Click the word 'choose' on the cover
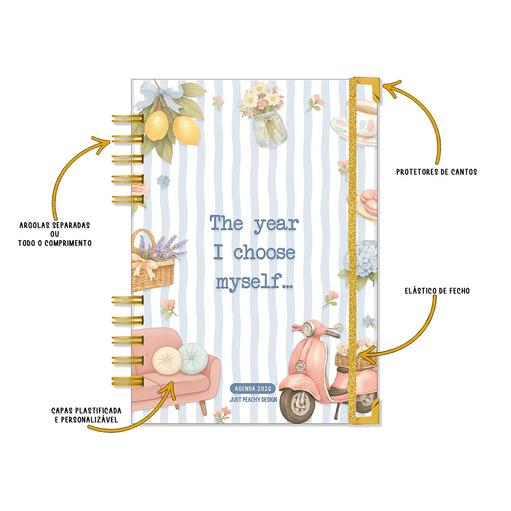[x=264, y=252]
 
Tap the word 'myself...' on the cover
[x=254, y=281]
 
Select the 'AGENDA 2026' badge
[x=253, y=388]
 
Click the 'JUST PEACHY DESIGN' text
[x=253, y=400]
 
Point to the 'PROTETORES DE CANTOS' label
[x=436, y=172]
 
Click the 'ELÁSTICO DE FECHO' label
[x=437, y=291]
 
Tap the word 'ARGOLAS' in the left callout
[x=35, y=225]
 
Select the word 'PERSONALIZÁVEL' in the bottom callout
[x=90, y=420]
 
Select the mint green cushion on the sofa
[x=193, y=359]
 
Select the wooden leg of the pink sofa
[x=203, y=407]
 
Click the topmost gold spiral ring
[x=127, y=119]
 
